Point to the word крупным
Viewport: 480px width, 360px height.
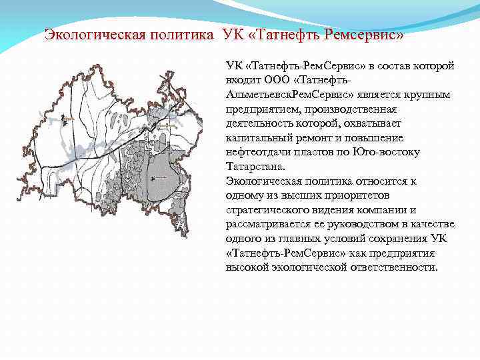pos(429,95)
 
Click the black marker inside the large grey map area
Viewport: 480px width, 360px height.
pos(154,177)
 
